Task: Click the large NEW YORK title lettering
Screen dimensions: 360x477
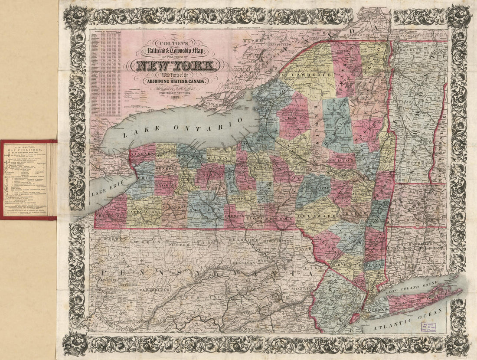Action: click(176, 66)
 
